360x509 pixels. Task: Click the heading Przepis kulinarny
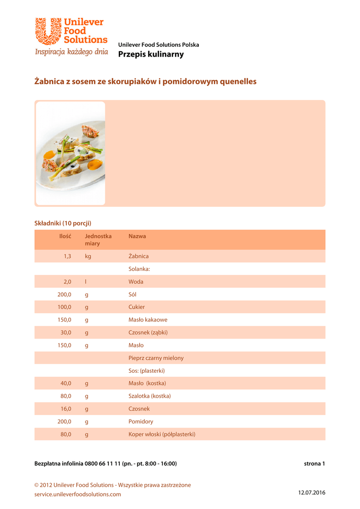[x=151, y=54]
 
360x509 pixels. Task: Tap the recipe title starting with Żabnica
[x=145, y=81]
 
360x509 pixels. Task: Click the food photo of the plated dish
[x=70, y=153]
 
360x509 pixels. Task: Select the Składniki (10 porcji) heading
[x=63, y=223]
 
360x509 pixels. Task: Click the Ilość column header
[x=65, y=236]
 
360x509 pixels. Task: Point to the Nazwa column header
[x=137, y=236]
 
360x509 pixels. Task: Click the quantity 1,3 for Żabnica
[x=67, y=256]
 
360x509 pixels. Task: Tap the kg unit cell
[x=88, y=256]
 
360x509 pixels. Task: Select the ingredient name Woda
[x=136, y=281]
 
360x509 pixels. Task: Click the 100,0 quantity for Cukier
[x=65, y=307]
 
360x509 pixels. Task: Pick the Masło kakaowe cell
[x=148, y=320]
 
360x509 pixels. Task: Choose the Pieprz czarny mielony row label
[x=156, y=358]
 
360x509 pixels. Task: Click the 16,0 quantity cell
[x=66, y=409]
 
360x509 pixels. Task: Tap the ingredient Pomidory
[x=141, y=422]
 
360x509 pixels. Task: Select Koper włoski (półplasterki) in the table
[x=162, y=434]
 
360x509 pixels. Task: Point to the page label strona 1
[x=314, y=464]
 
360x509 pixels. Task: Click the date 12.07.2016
[x=312, y=492]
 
